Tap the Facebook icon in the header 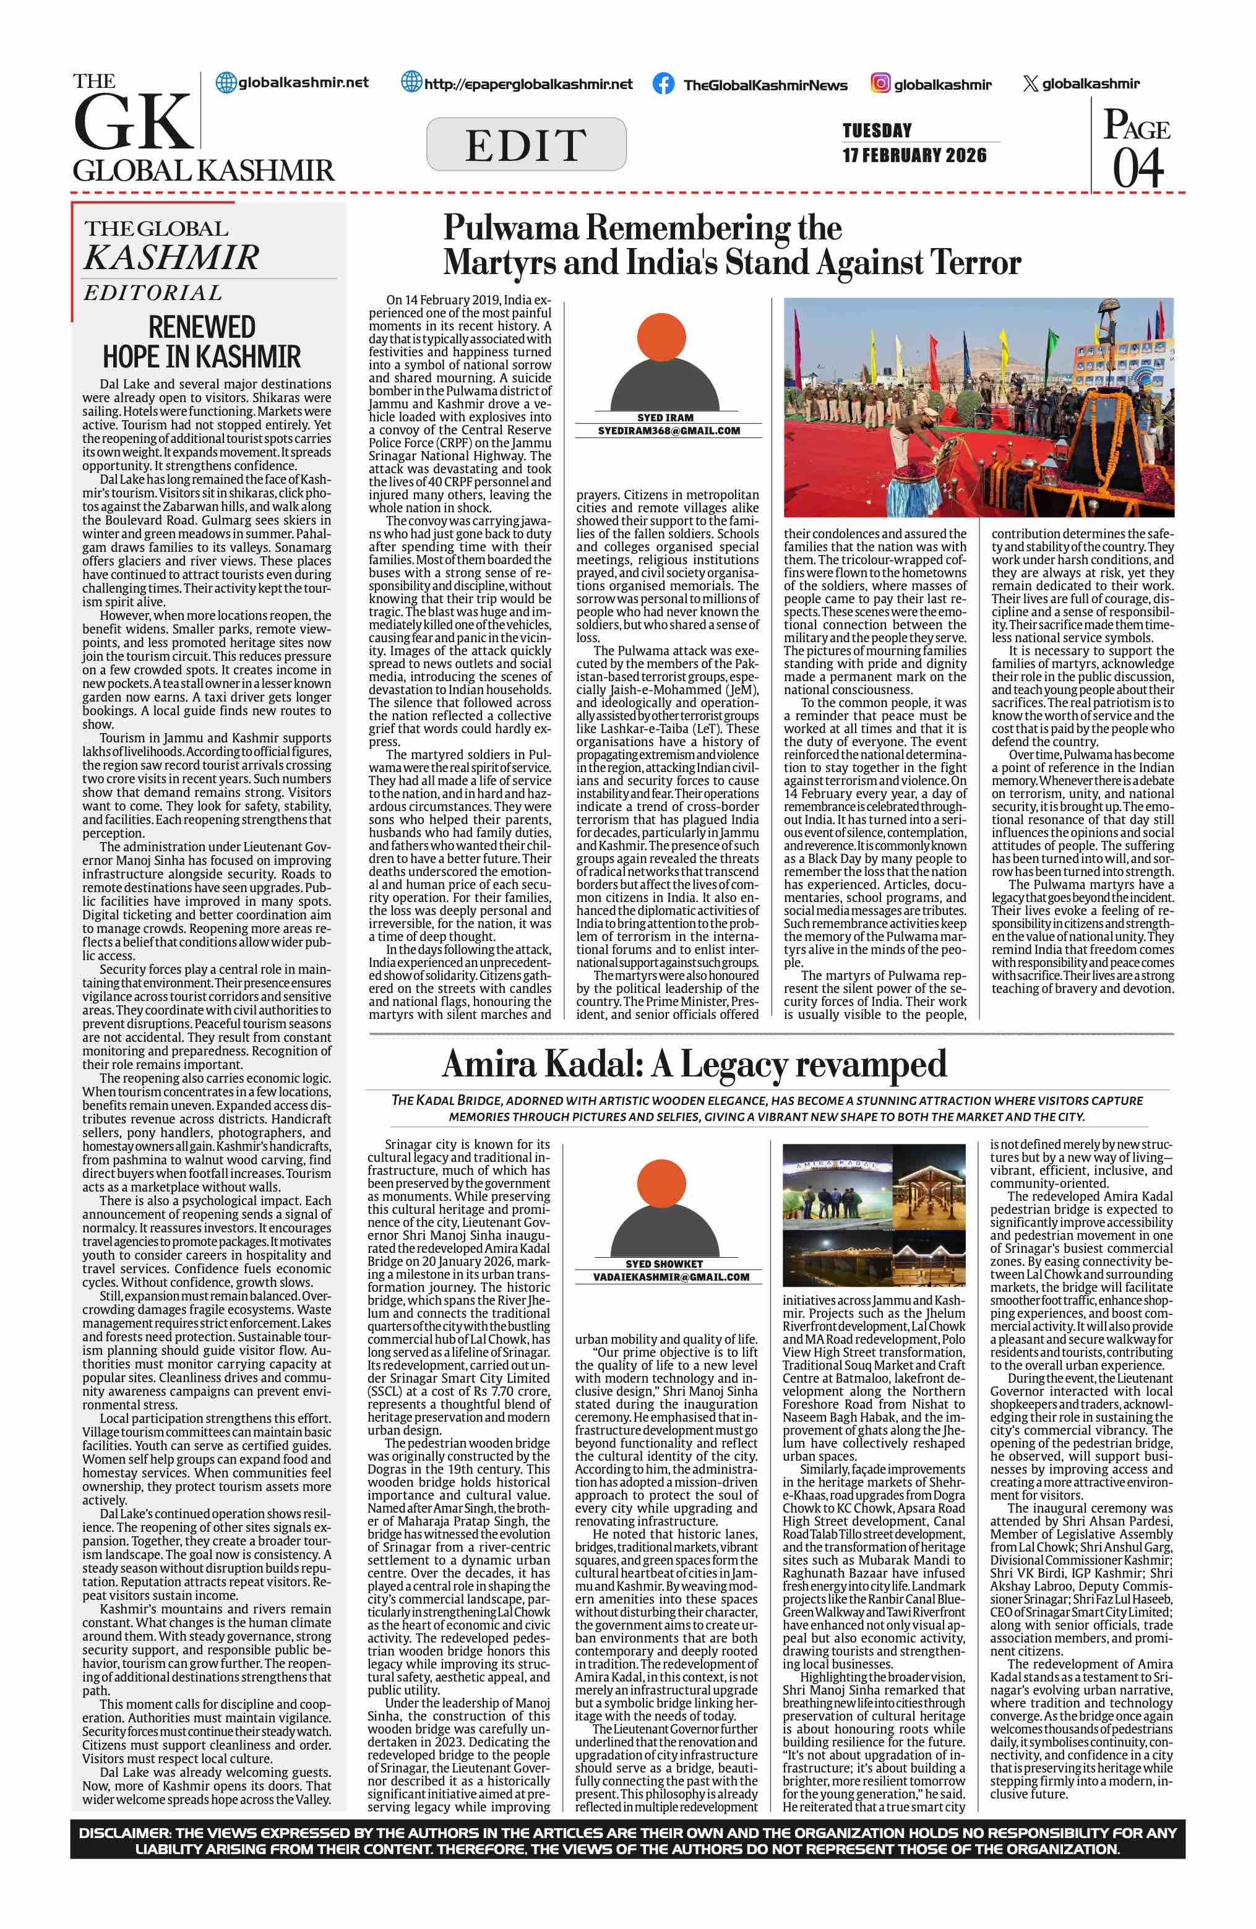[663, 84]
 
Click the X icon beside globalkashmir [1030, 84]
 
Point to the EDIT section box [526, 144]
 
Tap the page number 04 [1138, 168]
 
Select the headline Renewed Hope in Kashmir [202, 342]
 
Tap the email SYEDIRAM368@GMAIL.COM [668, 431]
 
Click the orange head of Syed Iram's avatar [661, 337]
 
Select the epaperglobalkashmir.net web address [528, 84]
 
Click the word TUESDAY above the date [877, 131]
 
